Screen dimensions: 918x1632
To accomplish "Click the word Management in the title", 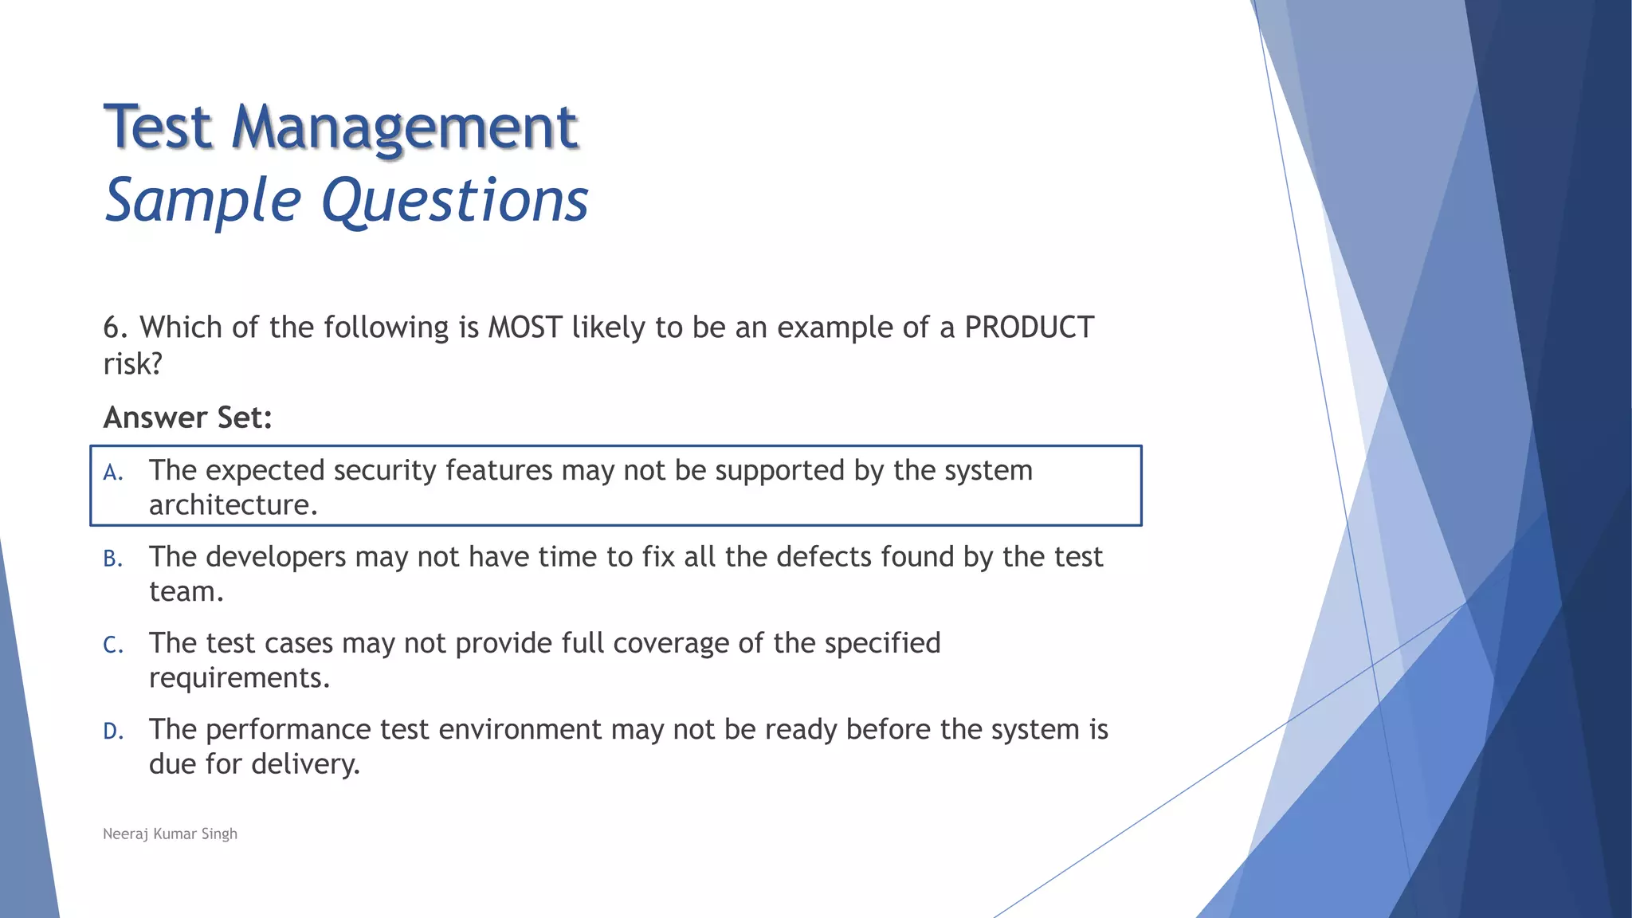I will [x=404, y=127].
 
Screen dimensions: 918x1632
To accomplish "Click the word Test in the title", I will [x=159, y=127].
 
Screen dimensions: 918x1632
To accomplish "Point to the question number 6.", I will [x=115, y=328].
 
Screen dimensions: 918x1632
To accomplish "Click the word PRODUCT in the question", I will [x=1029, y=328].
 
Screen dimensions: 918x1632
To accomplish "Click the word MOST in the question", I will [x=525, y=328].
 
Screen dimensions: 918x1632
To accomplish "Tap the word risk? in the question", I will [x=133, y=364].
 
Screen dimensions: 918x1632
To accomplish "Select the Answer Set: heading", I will [x=188, y=418].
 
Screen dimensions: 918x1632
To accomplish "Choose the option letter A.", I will [x=113, y=473].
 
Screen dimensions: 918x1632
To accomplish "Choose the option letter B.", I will [x=113, y=559].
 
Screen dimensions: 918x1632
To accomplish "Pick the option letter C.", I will [x=113, y=645].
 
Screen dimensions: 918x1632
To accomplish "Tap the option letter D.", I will [x=113, y=732].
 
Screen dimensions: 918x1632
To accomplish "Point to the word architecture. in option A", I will [x=233, y=505].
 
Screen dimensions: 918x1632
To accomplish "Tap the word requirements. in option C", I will [x=239, y=678].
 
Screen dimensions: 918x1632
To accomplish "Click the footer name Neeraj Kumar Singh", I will [x=171, y=834].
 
